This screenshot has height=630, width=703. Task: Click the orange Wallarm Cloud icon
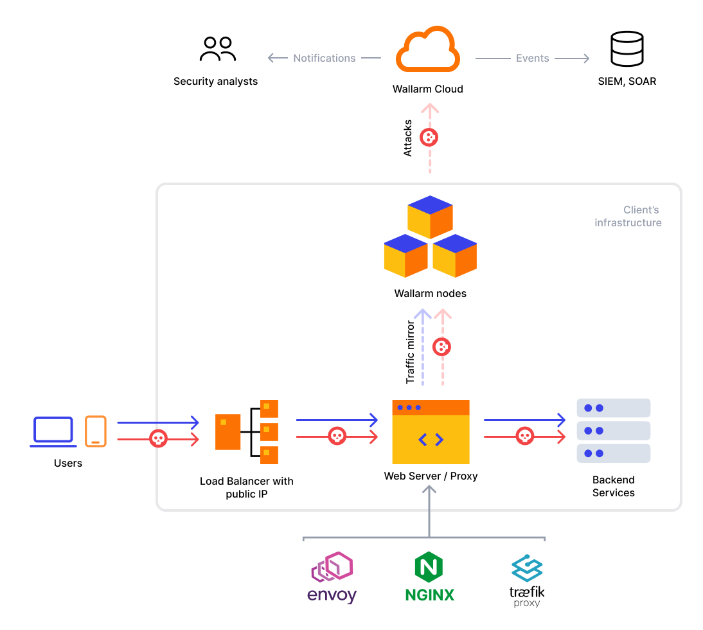428,52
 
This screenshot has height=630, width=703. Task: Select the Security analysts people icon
218,50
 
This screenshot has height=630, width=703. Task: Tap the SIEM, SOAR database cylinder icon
627,50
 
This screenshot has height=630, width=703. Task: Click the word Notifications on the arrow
325,58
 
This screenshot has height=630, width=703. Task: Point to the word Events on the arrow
533,58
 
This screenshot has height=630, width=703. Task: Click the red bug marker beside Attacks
429,137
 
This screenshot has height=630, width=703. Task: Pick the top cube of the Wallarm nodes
431,217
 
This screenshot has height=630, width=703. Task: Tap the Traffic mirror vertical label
411,352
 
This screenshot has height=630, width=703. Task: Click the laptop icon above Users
53,431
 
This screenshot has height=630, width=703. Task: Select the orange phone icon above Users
96,431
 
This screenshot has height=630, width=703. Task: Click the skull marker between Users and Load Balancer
157,438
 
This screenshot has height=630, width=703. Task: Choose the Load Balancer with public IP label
247,487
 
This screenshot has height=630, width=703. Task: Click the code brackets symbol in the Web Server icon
431,440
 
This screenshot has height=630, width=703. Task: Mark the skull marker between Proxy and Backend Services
525,437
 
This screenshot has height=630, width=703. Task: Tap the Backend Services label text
613,486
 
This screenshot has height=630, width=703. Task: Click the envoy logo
332,578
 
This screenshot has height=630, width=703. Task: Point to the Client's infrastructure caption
628,217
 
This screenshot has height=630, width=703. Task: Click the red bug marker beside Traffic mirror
441,347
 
